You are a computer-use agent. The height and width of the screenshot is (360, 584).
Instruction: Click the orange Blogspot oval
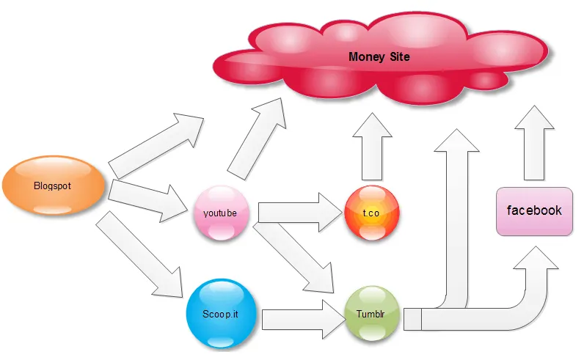54,187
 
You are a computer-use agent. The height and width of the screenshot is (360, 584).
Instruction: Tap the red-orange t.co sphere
372,213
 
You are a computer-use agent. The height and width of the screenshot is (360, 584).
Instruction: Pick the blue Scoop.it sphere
220,313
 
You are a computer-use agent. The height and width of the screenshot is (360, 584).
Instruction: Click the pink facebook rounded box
534,211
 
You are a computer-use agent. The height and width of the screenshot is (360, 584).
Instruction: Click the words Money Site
379,56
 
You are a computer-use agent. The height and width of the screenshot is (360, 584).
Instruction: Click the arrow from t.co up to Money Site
372,150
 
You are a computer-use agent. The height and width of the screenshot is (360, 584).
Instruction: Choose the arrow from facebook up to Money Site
533,143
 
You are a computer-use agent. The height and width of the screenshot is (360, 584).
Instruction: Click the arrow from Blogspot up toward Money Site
154,147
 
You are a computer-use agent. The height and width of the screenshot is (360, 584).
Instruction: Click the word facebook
534,210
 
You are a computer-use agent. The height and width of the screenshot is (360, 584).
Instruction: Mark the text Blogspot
53,186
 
